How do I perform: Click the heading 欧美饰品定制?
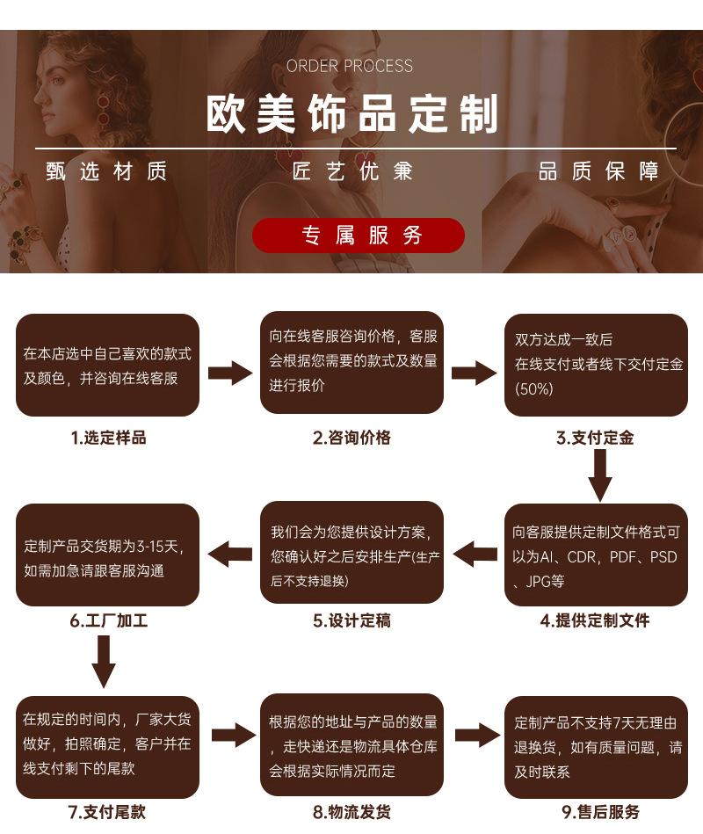351,114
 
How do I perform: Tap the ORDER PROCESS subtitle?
350,66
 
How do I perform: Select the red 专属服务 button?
359,235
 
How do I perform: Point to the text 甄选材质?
106,171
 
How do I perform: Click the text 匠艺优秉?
352,171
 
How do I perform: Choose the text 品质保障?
598,171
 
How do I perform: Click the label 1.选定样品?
108,438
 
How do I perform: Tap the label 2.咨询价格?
351,438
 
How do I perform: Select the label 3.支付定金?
595,438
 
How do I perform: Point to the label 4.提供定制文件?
595,620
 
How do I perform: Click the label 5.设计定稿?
351,620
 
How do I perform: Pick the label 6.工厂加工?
108,620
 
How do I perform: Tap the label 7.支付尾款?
107,812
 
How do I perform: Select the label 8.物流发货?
351,812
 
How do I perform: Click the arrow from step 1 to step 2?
230,373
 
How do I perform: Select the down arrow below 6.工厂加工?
104,661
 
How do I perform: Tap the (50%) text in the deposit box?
534,388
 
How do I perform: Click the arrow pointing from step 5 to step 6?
230,555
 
